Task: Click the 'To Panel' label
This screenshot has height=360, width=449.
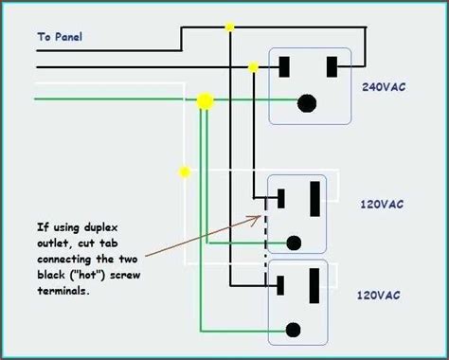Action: [60, 37]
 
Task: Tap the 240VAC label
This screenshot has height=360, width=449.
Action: [384, 87]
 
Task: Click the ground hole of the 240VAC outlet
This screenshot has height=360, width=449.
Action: [307, 103]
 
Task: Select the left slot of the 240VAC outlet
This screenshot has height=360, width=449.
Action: [284, 67]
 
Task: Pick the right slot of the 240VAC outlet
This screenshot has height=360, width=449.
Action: [332, 67]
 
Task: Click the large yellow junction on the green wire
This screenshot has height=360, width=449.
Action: [206, 101]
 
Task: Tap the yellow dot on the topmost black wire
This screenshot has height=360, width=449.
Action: [229, 27]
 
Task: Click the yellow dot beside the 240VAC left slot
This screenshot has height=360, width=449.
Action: [253, 67]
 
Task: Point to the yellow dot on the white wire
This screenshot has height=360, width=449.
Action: [185, 172]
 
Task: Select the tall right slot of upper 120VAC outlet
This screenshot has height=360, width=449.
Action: [314, 199]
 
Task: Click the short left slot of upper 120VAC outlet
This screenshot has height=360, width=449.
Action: [280, 199]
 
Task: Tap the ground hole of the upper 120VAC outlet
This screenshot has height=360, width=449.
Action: [294, 243]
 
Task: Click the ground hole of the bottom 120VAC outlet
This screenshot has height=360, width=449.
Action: [293, 330]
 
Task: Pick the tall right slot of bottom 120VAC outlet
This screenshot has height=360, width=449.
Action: [314, 286]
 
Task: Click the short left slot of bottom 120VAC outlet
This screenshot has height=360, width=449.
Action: [280, 285]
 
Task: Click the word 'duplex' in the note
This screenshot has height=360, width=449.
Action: [101, 228]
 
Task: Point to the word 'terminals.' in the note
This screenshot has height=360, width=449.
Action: [63, 291]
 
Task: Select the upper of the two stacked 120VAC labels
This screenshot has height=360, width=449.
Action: [382, 205]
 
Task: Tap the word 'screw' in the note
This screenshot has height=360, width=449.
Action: [125, 275]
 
